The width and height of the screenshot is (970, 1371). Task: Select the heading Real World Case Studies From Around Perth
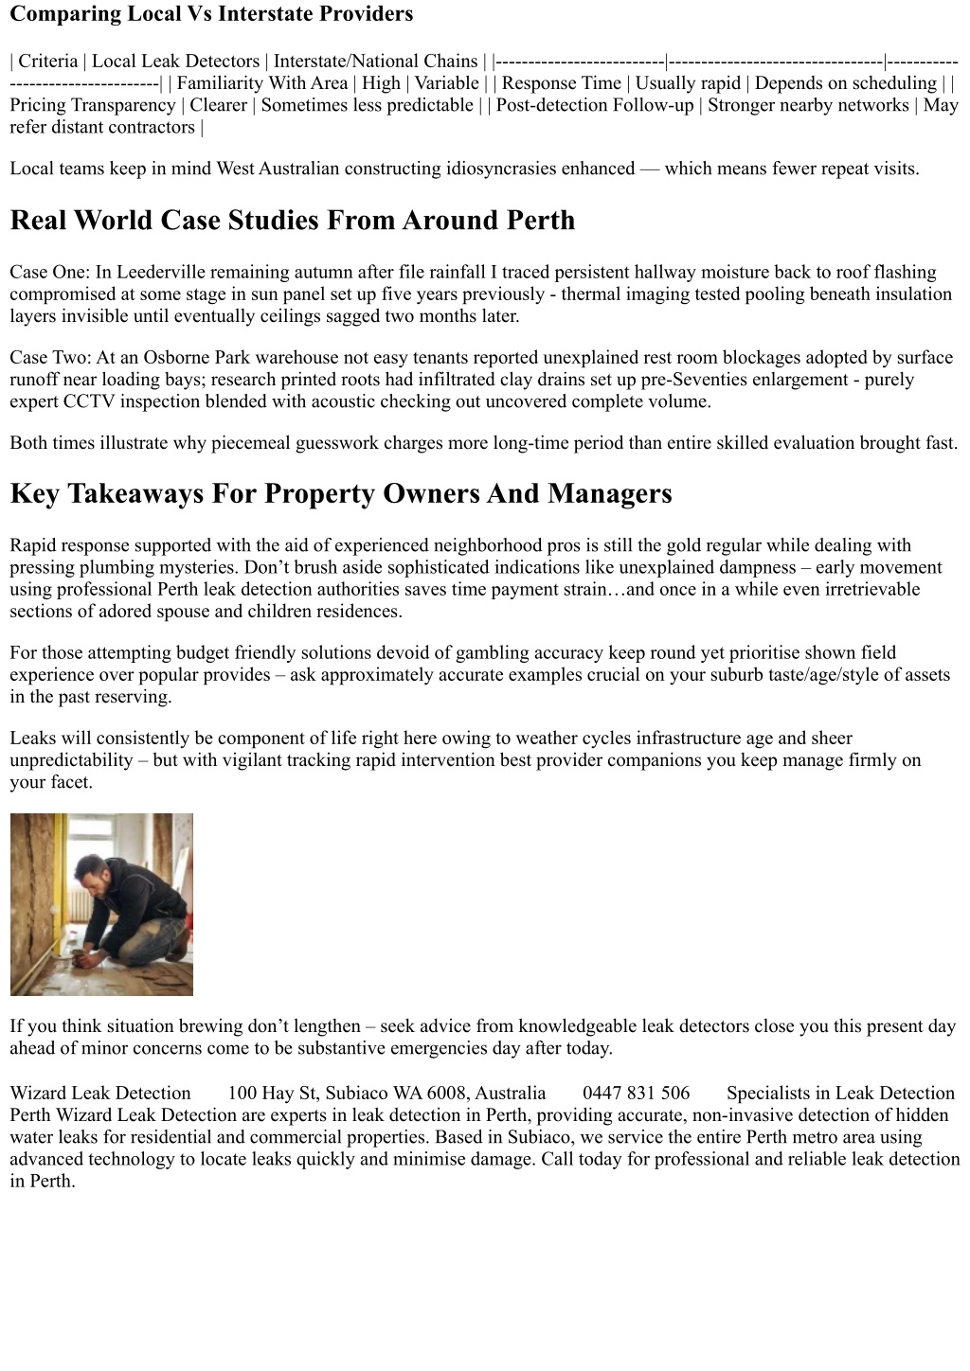292,221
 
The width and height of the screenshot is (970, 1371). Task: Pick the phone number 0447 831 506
636,1094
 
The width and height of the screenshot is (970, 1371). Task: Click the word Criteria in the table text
48,62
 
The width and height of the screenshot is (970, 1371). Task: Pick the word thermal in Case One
592,294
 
